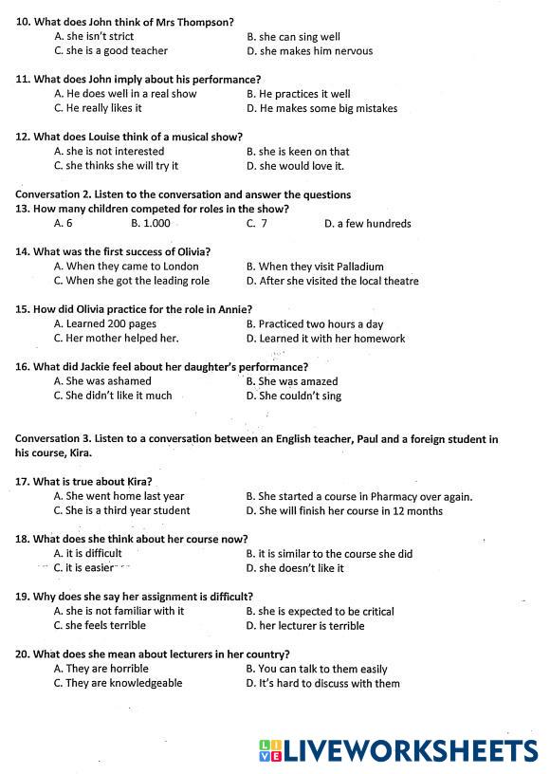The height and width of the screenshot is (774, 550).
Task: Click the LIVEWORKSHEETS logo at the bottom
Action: pos(398,751)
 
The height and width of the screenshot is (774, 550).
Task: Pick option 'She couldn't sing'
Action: pos(300,396)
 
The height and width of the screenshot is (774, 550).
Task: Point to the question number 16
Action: pos(22,367)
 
